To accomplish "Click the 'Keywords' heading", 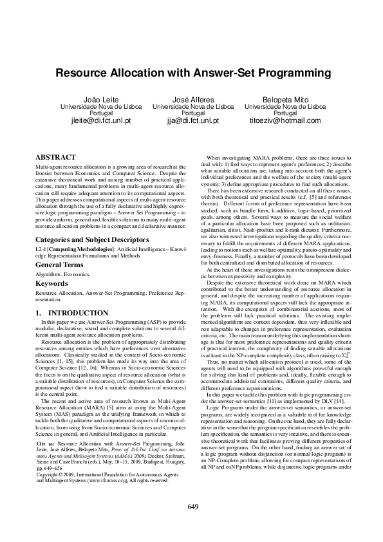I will click(51, 283).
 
